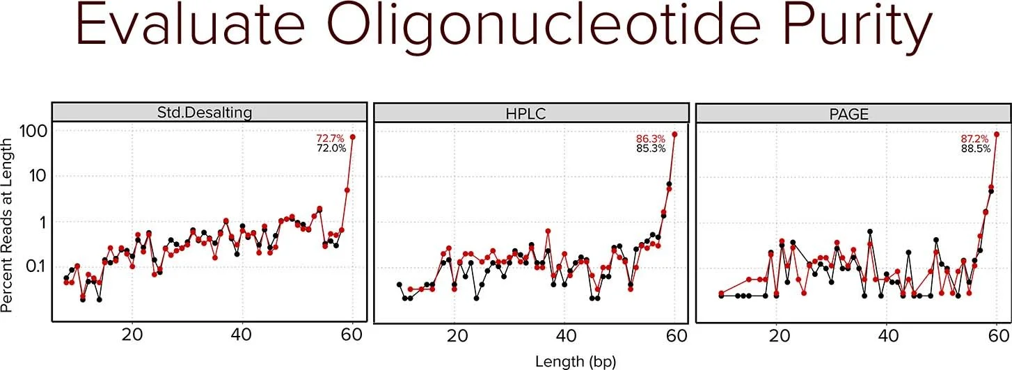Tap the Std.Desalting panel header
pos(209,113)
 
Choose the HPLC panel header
pos(531,113)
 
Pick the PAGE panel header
pos(854,113)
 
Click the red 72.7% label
pos(331,138)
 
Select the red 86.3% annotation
pos(651,138)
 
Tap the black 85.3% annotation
pos(651,148)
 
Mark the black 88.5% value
pos(976,148)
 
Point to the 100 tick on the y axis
pos(32,131)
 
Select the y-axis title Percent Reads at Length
pos(8,224)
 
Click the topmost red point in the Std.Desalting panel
pos(352,137)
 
